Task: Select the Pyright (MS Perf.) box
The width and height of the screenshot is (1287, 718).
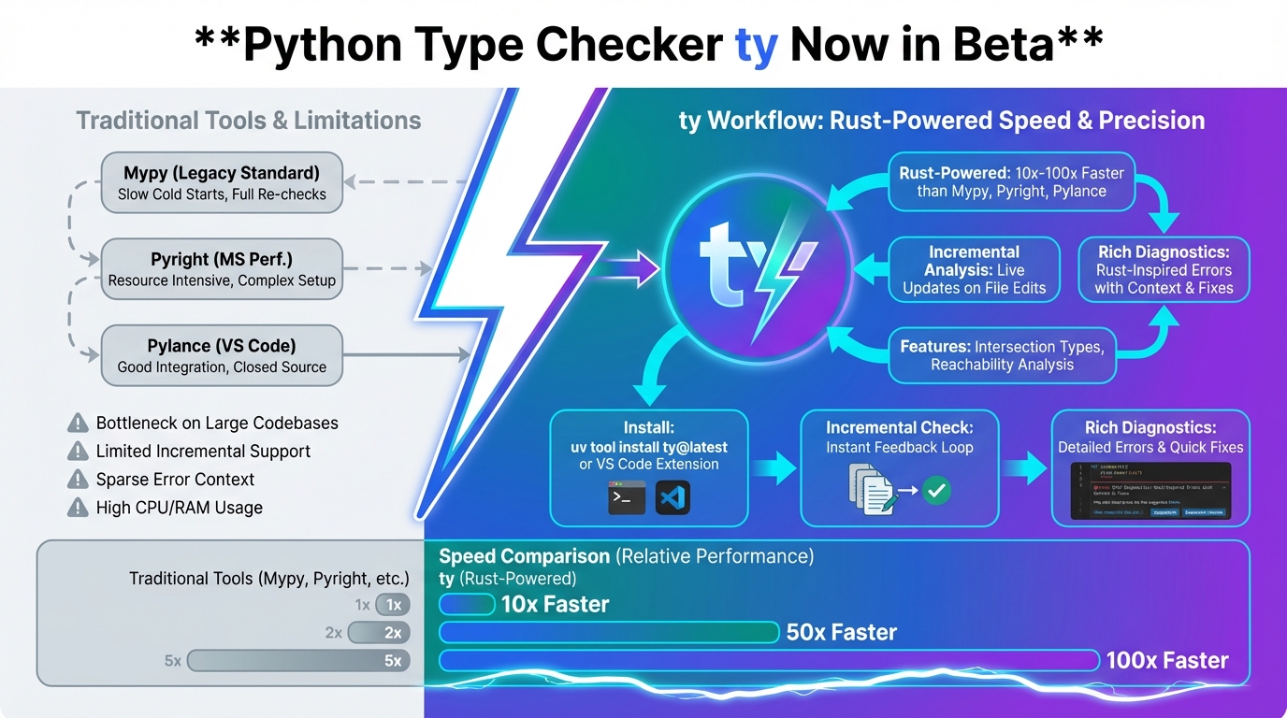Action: [222, 269]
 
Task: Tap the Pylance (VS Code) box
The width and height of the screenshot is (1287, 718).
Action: [222, 355]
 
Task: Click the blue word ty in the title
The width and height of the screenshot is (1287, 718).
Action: [757, 45]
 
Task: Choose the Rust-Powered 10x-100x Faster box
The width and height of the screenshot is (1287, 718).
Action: [1011, 181]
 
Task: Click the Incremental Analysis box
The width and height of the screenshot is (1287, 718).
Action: [974, 270]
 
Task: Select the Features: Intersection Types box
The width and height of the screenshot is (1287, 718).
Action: [1002, 355]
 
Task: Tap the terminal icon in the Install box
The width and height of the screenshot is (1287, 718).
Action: [626, 497]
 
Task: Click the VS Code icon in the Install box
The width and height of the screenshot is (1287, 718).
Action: [672, 497]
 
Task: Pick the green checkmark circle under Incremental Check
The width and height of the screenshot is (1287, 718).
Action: [936, 490]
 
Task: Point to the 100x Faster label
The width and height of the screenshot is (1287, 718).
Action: [1166, 660]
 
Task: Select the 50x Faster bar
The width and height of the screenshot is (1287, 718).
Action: [609, 633]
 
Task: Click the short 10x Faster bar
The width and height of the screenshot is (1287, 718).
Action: [467, 605]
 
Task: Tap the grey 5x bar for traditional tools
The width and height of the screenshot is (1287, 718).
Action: [298, 661]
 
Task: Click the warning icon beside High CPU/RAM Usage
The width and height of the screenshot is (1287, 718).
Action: [79, 508]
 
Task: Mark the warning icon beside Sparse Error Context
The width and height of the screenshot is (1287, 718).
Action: [79, 480]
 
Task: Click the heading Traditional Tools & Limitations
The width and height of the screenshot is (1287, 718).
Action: [249, 121]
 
